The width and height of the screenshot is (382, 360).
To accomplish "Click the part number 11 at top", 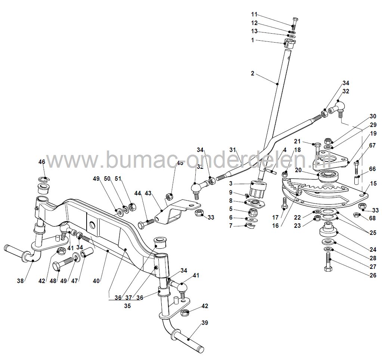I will (254, 15).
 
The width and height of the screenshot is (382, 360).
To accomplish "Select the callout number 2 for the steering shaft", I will (252, 74).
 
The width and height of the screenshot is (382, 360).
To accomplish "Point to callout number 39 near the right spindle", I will (204, 323).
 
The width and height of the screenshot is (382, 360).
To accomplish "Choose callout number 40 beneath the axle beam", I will (96, 280).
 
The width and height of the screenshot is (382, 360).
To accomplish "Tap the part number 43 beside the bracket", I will (149, 193).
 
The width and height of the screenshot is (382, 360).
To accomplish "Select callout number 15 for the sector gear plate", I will (373, 183).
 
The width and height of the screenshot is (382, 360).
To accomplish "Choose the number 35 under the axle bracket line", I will (128, 305).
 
